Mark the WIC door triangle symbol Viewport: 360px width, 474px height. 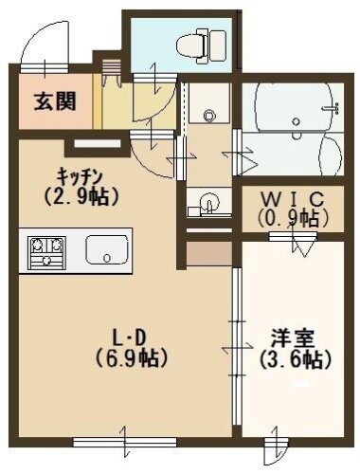tap(305, 245)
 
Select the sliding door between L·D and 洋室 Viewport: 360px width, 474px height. tap(233, 341)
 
